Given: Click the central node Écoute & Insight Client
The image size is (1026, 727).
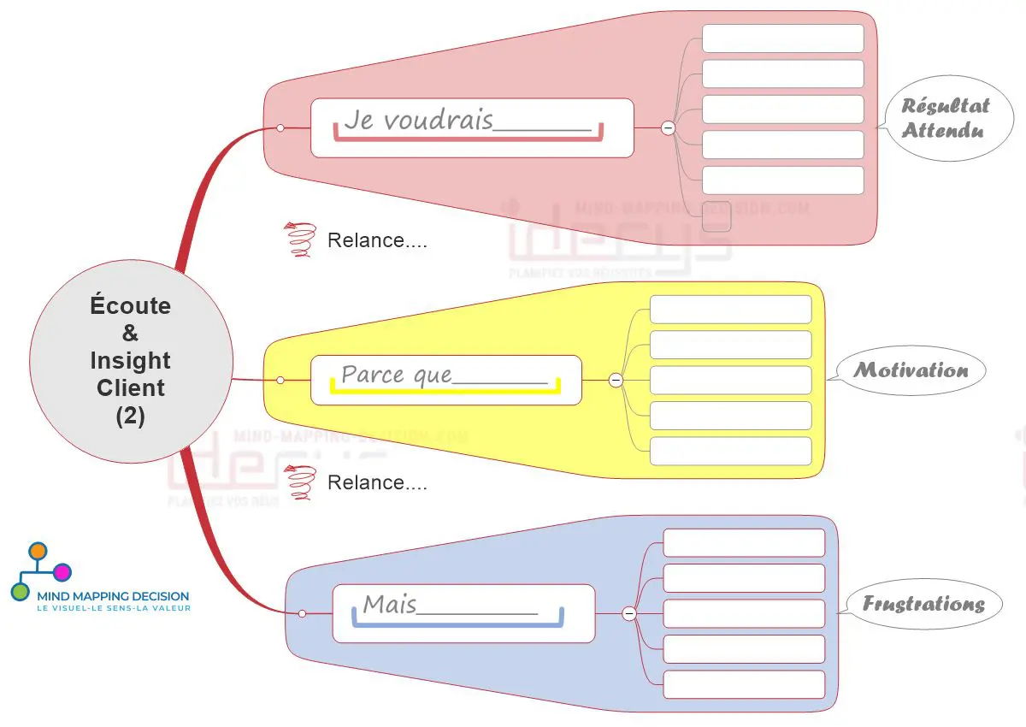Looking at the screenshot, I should tap(131, 360).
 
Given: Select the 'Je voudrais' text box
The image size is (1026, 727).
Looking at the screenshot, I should tap(471, 127).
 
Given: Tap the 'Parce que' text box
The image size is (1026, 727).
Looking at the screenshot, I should tap(445, 380).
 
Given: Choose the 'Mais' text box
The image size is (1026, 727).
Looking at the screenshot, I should tap(463, 612).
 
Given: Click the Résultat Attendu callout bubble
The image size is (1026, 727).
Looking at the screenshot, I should tap(945, 118).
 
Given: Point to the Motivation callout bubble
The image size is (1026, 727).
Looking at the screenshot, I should tap(911, 370).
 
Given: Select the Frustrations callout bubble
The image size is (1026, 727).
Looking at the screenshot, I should tap(923, 604).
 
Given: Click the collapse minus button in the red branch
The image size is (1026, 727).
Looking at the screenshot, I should tap(668, 127).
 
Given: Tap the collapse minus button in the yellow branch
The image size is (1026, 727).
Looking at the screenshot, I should tap(616, 380).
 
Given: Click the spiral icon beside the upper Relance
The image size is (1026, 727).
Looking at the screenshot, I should tap(300, 239).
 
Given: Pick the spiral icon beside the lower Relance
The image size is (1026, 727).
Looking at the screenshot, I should tap(300, 482).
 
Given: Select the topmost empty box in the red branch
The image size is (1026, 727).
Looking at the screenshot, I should tap(782, 38).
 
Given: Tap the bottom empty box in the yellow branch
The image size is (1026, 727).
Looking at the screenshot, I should tap(730, 451).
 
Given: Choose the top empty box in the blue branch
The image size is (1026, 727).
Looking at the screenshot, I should tap(744, 543).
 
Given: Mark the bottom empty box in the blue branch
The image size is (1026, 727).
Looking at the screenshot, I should tap(744, 684).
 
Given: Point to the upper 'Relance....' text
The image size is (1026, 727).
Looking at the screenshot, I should tap(377, 240).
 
